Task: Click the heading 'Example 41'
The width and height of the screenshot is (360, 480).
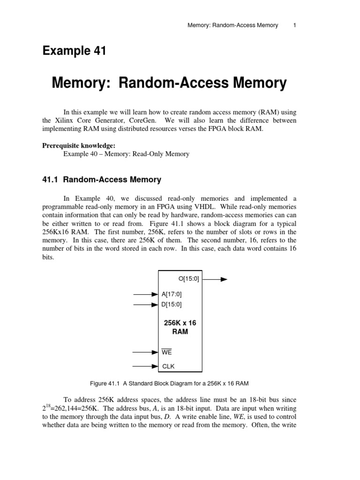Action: click(x=74, y=51)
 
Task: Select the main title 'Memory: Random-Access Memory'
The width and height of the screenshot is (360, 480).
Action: click(x=169, y=83)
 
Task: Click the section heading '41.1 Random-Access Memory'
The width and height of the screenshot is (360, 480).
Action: click(x=102, y=180)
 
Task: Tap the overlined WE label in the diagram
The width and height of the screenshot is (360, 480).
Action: click(x=167, y=352)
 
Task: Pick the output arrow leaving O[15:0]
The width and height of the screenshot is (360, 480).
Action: click(x=215, y=279)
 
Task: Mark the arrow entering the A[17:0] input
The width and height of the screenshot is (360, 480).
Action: click(x=146, y=294)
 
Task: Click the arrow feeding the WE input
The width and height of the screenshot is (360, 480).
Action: click(x=146, y=352)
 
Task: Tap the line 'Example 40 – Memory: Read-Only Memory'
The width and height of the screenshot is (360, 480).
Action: click(x=126, y=154)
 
